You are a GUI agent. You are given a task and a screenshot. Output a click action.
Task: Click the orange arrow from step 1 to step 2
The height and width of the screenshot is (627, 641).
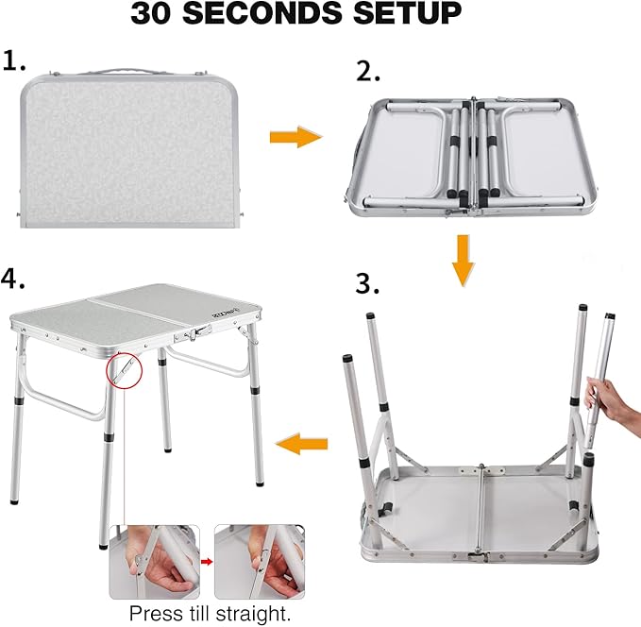click(295, 138)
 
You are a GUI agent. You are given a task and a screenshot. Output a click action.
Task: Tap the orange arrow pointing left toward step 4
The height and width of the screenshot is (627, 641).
click(301, 442)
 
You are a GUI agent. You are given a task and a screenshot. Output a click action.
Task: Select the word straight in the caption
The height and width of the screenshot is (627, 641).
click(255, 613)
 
